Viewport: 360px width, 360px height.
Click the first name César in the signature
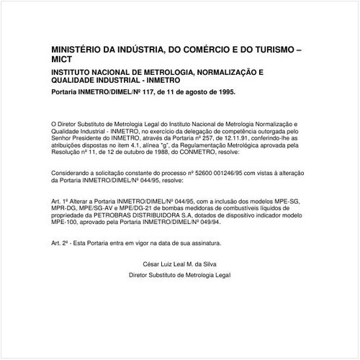pos(153,266)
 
